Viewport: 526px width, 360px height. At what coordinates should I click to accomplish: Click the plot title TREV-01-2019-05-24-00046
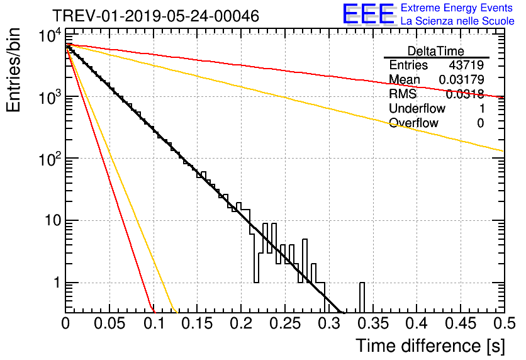tap(155, 16)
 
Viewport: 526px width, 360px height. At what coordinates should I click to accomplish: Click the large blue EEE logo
tap(368, 14)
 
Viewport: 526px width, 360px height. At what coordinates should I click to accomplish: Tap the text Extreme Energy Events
tap(457, 8)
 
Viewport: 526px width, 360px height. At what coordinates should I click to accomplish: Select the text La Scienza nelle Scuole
tap(457, 21)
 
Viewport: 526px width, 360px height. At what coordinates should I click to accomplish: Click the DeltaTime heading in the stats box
tap(436, 51)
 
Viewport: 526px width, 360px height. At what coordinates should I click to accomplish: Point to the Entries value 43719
tap(466, 65)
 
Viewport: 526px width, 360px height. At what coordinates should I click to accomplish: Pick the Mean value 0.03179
tap(461, 80)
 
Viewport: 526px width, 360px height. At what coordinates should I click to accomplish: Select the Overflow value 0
tap(480, 123)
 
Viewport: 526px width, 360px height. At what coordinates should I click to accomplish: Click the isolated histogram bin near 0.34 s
tap(362, 296)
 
